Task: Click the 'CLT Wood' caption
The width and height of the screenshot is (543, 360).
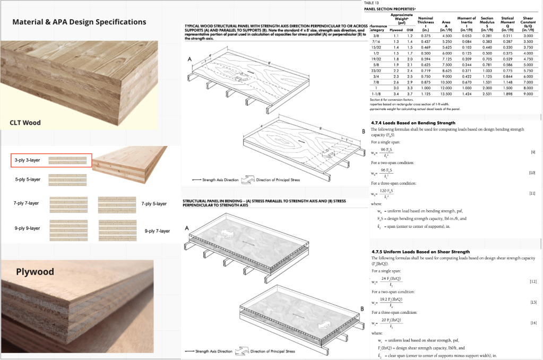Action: point(25,123)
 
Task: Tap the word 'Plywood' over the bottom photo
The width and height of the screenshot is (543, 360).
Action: point(35,272)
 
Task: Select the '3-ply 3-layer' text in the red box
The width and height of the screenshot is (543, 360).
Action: point(28,160)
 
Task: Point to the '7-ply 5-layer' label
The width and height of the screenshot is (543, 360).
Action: point(156,204)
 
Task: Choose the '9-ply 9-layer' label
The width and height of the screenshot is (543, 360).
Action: point(28,228)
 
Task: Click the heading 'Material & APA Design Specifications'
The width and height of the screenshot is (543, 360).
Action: point(79,22)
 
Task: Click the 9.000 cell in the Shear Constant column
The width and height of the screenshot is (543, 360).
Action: point(528,94)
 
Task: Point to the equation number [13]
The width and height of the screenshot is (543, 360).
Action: point(532,302)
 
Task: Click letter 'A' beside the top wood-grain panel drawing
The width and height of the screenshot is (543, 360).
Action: point(189,59)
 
